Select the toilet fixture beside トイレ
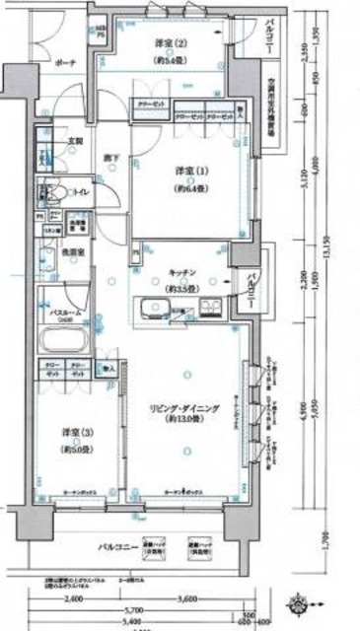[x=50, y=193]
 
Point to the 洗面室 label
[x=73, y=252]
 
